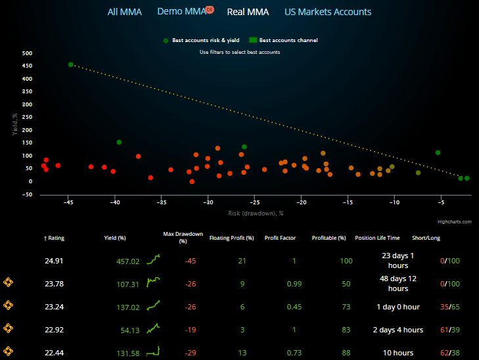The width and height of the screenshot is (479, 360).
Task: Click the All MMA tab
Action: point(124,12)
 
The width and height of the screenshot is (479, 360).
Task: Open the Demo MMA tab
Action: point(181,12)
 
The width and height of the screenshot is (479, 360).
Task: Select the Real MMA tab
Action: point(248,12)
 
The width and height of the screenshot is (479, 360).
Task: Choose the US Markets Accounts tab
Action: point(327,12)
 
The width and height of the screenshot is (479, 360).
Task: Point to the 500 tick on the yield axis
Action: point(27,53)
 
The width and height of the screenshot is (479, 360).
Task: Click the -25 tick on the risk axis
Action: point(255,203)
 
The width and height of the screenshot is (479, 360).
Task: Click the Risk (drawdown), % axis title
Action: point(256,213)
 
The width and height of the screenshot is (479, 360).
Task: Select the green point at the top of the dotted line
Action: point(71,64)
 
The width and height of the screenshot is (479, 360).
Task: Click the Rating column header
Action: point(56,238)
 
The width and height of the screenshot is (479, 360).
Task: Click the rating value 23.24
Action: point(55,307)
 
